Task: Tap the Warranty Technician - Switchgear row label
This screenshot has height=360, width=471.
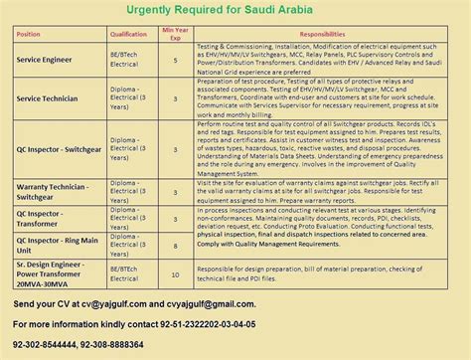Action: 56,191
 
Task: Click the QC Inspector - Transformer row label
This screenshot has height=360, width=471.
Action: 50,217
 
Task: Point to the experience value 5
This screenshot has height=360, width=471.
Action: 175,61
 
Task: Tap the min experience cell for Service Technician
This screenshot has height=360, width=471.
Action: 175,99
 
